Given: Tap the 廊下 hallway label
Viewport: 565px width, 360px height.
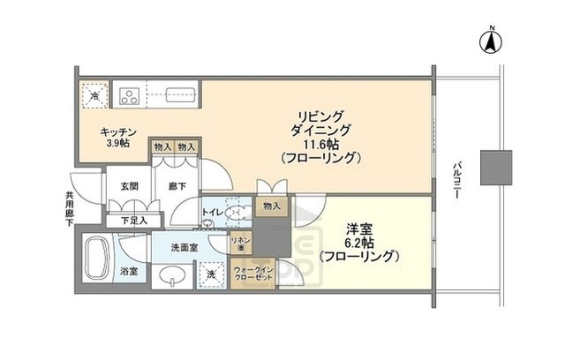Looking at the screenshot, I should (176, 186).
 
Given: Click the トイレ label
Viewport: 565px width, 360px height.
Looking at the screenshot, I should (213, 213).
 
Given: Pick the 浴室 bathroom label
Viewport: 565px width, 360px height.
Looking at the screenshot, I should (129, 271).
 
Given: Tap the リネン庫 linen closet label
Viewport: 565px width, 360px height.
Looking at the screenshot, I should (239, 244).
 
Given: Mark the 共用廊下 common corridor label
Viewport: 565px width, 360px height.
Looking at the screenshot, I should (69, 210).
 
